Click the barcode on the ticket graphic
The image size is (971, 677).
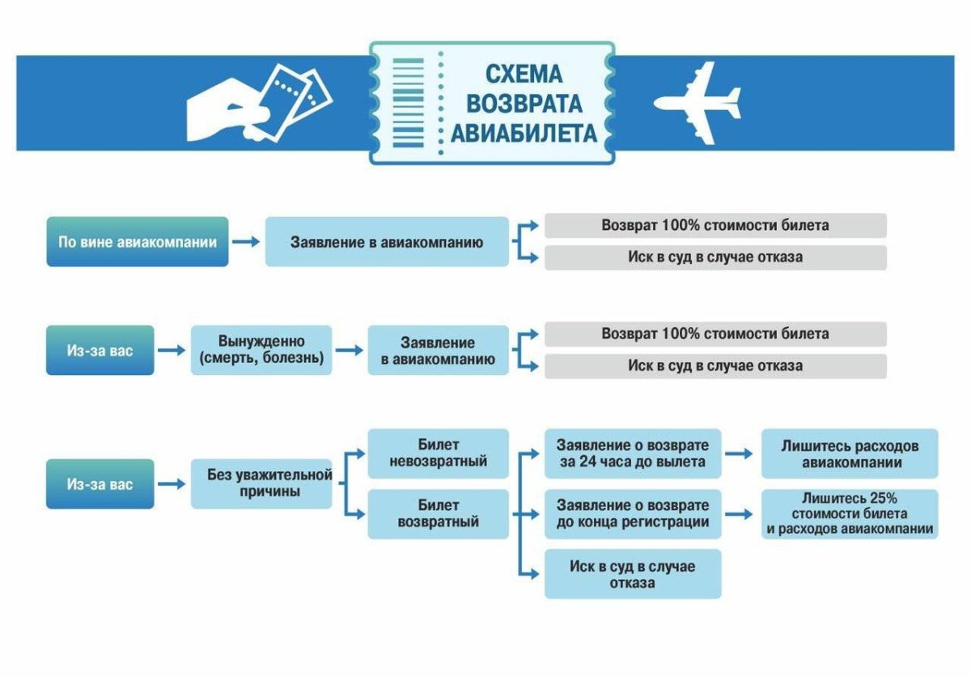(408, 103)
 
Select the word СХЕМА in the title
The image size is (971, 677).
(524, 75)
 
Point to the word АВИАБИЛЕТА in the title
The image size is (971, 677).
(524, 133)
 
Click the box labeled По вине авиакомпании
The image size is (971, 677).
(138, 241)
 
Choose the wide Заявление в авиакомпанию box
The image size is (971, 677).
(387, 241)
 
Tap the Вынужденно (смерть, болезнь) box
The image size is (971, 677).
(261, 350)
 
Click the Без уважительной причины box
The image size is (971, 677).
(261, 483)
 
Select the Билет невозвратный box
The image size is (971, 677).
(439, 453)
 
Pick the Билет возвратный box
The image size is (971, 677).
(439, 514)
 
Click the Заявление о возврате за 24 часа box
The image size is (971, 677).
(633, 453)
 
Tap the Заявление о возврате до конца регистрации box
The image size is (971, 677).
(633, 514)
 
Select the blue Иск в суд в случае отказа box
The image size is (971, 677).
(633, 574)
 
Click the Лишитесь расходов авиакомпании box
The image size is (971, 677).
(850, 453)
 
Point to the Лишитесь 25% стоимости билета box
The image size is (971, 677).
(850, 514)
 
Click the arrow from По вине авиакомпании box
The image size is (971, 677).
(246, 241)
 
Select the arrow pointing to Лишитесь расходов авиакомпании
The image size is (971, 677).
(739, 453)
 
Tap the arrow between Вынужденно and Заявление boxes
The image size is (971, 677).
(349, 350)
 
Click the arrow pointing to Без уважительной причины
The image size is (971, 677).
(172, 483)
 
